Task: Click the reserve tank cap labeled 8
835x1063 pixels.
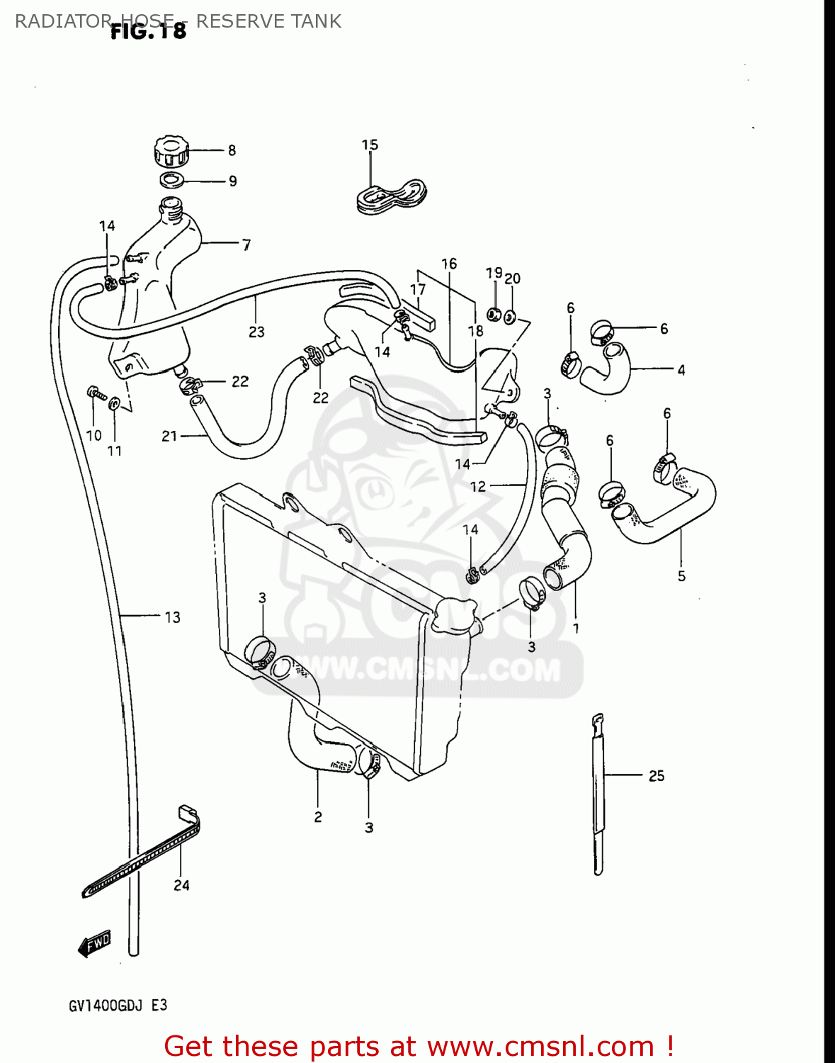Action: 171,151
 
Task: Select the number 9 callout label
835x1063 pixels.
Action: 232,181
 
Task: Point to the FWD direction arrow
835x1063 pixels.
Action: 95,944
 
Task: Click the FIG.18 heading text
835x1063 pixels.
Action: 149,31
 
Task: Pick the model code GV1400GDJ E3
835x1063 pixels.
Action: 118,1006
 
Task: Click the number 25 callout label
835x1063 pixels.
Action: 656,776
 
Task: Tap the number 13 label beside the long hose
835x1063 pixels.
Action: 172,618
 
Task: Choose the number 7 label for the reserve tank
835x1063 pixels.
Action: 246,245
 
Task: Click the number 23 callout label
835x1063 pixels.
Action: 256,332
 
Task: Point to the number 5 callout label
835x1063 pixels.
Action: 681,576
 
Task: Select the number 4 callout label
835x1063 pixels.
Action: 681,370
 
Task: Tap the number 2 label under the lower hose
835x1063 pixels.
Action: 318,817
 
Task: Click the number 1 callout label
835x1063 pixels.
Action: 576,628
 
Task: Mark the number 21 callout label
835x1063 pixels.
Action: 169,437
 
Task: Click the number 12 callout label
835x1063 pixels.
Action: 478,486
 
